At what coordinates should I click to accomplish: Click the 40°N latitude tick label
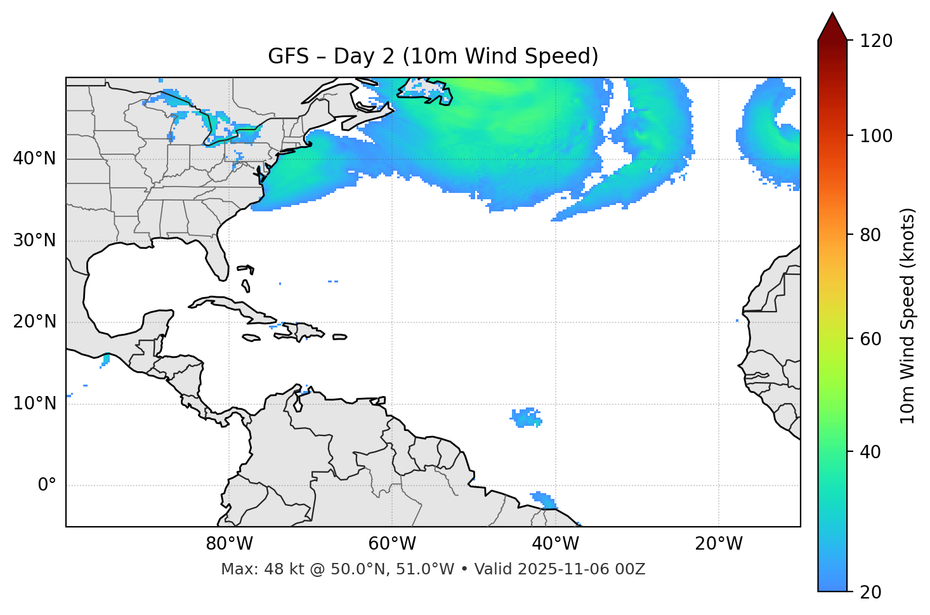point(34,159)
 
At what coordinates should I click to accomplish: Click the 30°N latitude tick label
point(34,241)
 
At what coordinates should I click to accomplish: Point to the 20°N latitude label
point(34,322)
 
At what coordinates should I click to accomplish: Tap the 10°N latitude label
point(34,404)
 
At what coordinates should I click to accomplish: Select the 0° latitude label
point(47,486)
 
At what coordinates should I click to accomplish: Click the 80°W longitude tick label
point(229,544)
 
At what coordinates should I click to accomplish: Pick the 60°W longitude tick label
point(392,544)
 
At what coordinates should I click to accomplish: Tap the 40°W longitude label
point(555,544)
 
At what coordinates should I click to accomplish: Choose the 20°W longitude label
point(718,544)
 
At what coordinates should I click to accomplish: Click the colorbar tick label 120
point(876,41)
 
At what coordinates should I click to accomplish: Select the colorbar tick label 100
point(876,136)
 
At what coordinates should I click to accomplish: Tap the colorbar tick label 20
point(871,592)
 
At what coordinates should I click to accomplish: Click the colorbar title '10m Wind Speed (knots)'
point(908,315)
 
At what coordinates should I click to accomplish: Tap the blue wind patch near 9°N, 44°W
point(525,417)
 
